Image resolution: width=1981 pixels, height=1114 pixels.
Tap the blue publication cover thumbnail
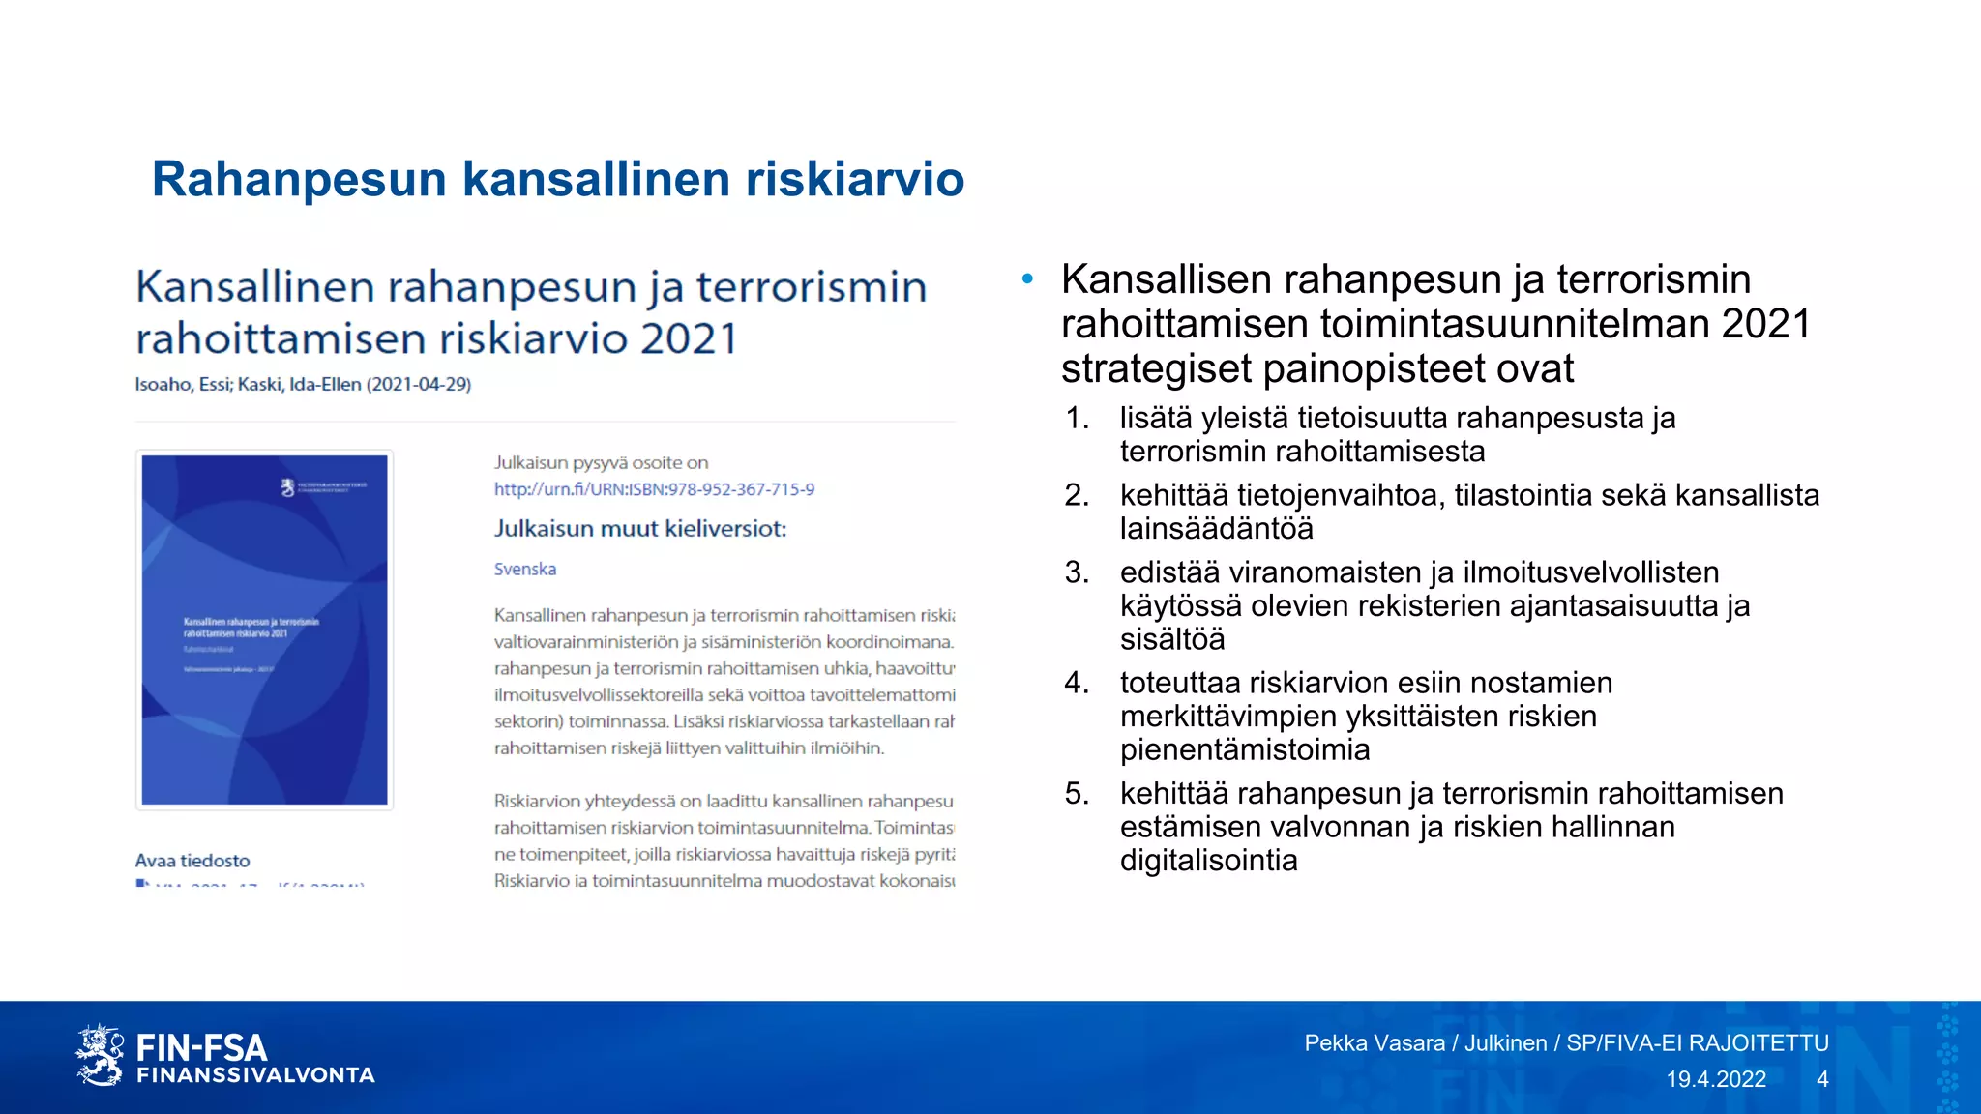[264, 630]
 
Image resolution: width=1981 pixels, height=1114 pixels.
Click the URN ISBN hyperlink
[654, 489]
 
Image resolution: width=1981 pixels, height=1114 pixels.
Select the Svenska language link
[525, 569]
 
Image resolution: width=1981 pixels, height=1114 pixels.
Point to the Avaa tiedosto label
[192, 861]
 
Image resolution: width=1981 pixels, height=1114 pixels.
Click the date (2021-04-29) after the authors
[419, 384]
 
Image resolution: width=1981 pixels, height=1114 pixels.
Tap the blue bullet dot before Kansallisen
[1027, 280]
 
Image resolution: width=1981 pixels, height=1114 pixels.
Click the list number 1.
[1077, 418]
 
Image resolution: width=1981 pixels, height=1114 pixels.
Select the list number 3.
[1077, 572]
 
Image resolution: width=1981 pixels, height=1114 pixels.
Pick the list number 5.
[1077, 794]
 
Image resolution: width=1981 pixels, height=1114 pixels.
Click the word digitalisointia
[1208, 861]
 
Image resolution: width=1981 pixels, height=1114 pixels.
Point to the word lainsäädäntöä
[1216, 529]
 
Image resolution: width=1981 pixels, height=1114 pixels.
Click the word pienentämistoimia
[1245, 750]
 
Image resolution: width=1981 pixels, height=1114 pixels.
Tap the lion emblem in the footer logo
[100, 1055]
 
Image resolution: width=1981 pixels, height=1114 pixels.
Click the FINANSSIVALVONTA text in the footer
[255, 1075]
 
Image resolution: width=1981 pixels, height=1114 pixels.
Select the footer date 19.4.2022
[1715, 1079]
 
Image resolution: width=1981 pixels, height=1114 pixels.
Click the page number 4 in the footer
[1822, 1079]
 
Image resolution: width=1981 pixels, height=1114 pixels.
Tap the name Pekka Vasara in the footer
[1374, 1043]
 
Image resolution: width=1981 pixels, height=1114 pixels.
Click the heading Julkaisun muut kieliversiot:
[640, 529]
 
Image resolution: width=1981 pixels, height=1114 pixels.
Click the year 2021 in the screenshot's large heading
[689, 339]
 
